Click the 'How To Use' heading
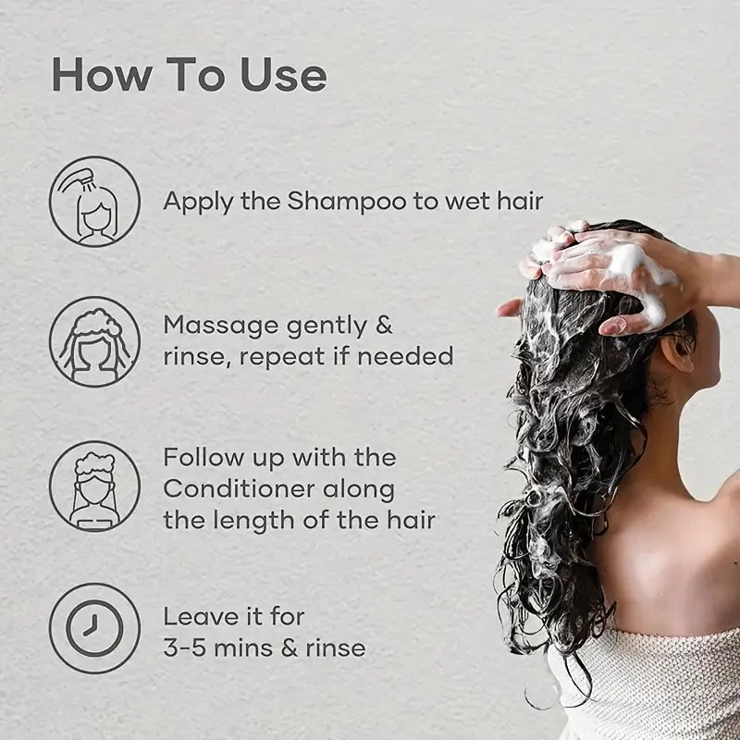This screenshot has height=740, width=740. coord(189,76)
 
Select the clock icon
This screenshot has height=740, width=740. coord(94,629)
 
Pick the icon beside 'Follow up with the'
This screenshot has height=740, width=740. coord(94,487)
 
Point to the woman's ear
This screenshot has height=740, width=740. coord(678,351)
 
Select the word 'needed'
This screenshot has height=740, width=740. coord(407,356)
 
